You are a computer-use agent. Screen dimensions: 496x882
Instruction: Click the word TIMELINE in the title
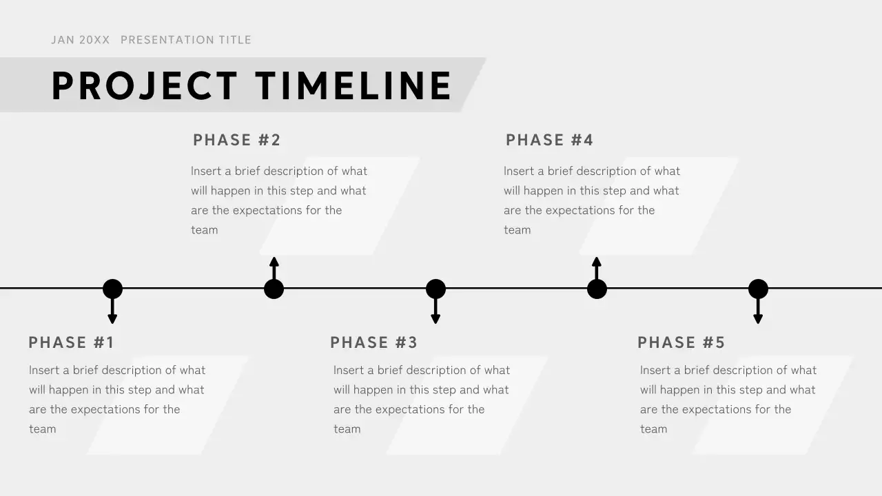353,86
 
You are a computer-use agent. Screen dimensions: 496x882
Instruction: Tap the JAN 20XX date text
80,40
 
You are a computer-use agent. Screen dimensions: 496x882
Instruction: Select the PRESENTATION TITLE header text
186,40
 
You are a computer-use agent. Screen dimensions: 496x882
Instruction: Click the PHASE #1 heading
71,342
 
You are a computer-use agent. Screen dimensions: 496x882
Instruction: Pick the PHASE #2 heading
237,140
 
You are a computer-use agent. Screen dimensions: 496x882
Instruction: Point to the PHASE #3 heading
373,342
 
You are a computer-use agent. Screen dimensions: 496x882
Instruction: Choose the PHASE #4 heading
549,140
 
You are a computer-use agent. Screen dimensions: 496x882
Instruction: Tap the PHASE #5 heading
681,342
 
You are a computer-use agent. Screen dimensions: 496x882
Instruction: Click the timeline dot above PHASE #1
112,289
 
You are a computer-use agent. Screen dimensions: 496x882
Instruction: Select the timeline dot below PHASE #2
274,289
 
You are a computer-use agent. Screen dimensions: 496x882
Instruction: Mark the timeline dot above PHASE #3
435,289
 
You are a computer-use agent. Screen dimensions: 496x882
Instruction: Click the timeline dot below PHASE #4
597,289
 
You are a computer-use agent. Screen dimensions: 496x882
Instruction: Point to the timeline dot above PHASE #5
758,289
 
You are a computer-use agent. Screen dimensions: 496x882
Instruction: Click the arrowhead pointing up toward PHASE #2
274,262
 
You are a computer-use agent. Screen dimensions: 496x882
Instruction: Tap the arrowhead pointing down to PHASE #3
435,318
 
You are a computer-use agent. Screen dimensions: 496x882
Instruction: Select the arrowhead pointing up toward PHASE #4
597,262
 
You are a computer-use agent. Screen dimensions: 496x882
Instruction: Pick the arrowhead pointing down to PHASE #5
758,318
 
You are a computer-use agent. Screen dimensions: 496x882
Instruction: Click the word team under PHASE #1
42,429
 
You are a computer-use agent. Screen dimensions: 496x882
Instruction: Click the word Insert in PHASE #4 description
519,171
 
